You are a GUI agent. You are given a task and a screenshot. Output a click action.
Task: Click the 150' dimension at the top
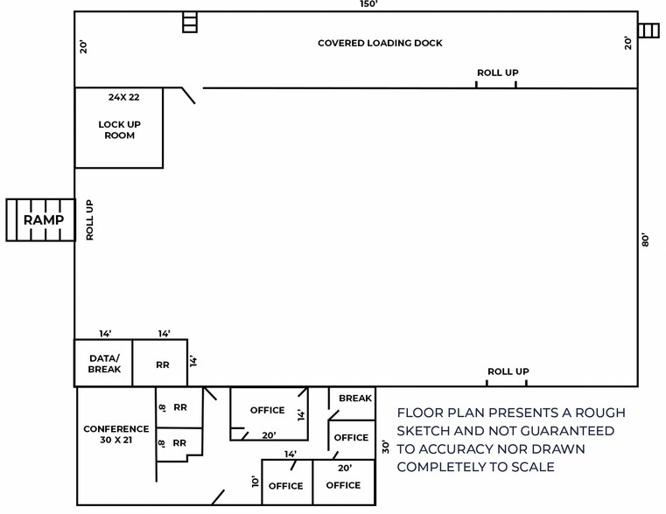[368, 4]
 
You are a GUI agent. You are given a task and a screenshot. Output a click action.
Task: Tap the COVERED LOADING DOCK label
[380, 43]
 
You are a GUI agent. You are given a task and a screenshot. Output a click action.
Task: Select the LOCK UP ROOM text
[119, 129]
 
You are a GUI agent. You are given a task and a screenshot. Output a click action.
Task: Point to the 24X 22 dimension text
[124, 97]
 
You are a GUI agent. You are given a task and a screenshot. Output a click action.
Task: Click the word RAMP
[42, 219]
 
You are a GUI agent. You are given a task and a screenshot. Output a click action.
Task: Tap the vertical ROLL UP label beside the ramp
[89, 219]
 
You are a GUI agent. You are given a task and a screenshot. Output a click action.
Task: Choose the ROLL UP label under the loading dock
[496, 73]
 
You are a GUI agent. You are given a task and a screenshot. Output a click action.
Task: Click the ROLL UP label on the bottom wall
[508, 372]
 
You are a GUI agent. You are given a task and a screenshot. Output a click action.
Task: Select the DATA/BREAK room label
[103, 364]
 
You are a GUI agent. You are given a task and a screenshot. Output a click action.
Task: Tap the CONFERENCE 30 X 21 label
[116, 434]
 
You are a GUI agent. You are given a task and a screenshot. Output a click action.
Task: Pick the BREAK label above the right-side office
[354, 399]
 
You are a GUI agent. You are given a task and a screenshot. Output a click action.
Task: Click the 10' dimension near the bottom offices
[255, 481]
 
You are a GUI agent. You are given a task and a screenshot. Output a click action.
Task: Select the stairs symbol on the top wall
[190, 22]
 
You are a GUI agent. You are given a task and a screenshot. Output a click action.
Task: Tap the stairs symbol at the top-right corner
[648, 31]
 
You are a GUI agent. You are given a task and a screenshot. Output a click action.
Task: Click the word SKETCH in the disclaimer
[429, 431]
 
